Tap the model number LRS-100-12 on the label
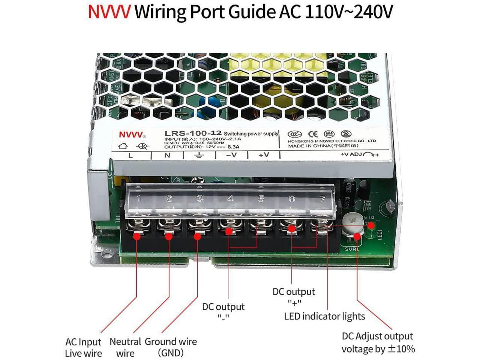[193, 133]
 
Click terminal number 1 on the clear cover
[139, 198]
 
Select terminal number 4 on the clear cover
[230, 198]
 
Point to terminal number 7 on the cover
[322, 198]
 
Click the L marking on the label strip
[130, 155]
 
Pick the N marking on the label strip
[167, 155]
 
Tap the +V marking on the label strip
[264, 154]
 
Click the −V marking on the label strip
[231, 154]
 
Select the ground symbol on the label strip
[199, 155]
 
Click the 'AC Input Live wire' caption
[83, 347]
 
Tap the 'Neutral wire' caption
[125, 347]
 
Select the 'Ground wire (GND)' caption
[171, 347]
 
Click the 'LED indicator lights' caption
[324, 316]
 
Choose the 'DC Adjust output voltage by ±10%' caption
[378, 342]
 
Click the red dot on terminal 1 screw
[137, 236]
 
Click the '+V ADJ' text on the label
[351, 154]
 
